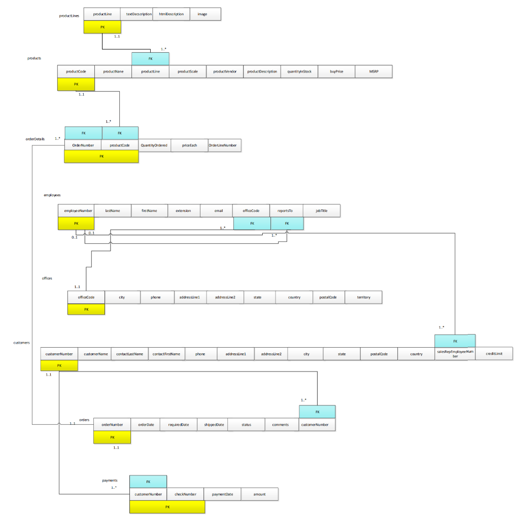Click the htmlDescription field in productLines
click(171, 14)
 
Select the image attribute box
click(205, 14)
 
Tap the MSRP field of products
click(374, 71)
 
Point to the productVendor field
click(225, 71)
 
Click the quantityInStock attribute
click(299, 71)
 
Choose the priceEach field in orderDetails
click(189, 145)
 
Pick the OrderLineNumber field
click(225, 145)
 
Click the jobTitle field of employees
click(322, 210)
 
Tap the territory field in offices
click(363, 297)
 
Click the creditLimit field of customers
click(494, 353)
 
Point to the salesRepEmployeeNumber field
click(455, 354)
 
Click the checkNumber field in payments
click(185, 494)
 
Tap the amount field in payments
click(259, 494)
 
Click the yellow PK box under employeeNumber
click(76, 224)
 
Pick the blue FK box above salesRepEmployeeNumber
click(455, 341)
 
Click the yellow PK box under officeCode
click(86, 309)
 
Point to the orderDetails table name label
click(35, 138)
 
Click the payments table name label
click(110, 479)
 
